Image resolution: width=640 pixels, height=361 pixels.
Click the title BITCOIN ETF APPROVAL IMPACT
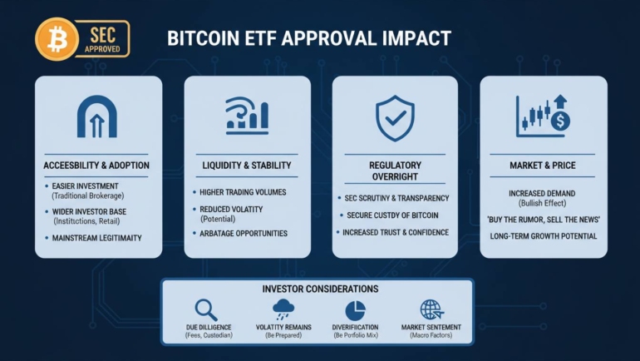(308, 38)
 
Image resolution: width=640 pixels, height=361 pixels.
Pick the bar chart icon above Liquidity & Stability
(247, 116)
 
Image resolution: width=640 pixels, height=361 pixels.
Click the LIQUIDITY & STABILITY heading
(247, 165)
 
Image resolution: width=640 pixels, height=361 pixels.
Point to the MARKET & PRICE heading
(543, 165)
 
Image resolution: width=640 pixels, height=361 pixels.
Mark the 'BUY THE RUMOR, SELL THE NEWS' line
(544, 220)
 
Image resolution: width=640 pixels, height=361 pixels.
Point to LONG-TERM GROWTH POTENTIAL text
(544, 237)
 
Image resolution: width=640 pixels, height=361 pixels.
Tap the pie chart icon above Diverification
(354, 309)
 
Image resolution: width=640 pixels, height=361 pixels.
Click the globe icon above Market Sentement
(431, 309)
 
